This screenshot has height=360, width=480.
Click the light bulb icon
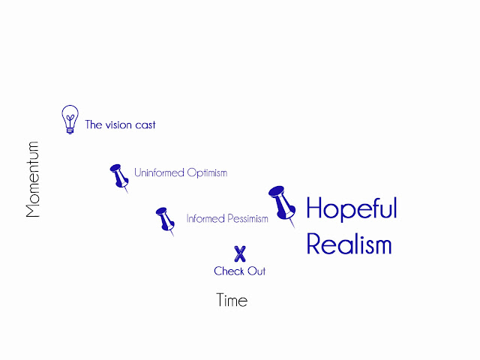[x=70, y=118]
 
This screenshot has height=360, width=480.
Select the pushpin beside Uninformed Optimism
[x=119, y=177]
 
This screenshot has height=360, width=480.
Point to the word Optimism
[x=207, y=173]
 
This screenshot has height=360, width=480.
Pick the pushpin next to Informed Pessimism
[x=164, y=220]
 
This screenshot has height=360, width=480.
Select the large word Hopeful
[x=351, y=208]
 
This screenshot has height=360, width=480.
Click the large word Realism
[x=349, y=244]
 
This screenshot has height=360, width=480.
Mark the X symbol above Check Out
[x=240, y=253]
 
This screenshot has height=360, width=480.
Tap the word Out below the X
[x=256, y=271]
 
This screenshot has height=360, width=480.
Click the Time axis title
[x=232, y=301]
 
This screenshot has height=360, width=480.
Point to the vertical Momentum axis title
[x=32, y=179]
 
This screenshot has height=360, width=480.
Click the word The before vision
[x=93, y=125]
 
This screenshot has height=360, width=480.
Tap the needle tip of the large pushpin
[x=294, y=226]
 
